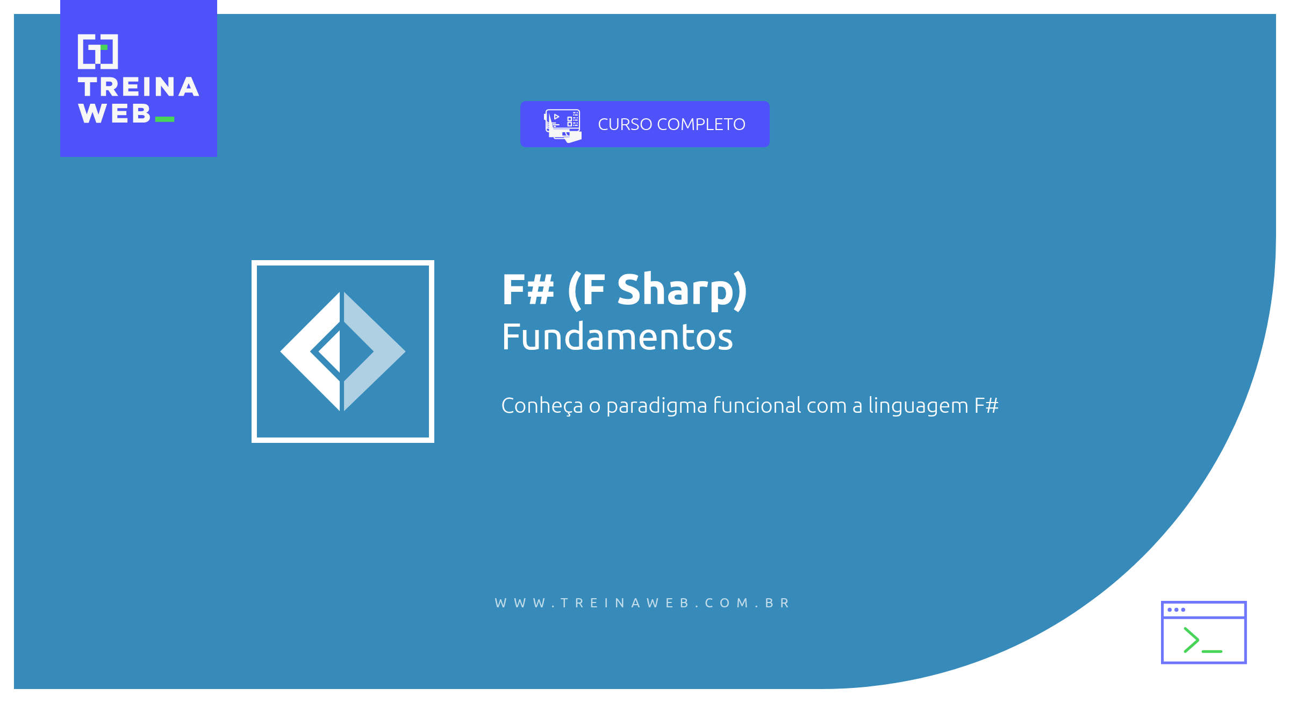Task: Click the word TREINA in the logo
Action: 138,88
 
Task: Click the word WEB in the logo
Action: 114,114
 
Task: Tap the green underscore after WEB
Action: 164,119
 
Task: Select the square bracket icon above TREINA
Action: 98,52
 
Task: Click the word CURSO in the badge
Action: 625,125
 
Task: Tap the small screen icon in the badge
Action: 563,125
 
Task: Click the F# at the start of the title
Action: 528,290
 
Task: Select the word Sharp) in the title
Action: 682,291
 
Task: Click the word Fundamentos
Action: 617,338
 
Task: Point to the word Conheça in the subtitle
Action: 542,406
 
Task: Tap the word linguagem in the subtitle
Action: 918,406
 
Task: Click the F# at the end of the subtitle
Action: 986,406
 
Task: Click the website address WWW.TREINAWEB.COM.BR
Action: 642,603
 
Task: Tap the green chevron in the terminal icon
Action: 1191,640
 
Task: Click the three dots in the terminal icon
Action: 1176,609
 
